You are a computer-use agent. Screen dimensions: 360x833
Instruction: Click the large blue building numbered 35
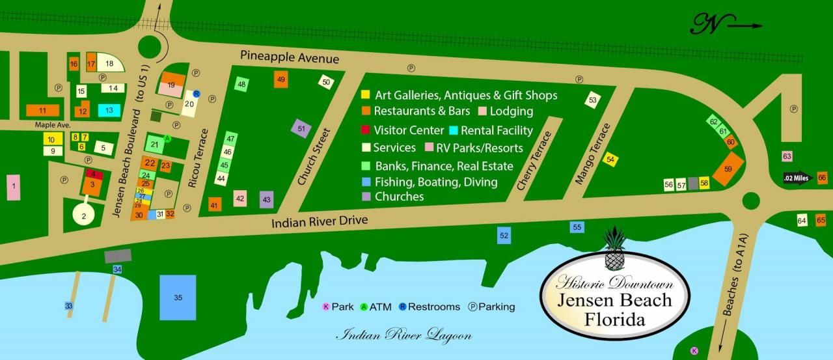pyautogui.click(x=178, y=297)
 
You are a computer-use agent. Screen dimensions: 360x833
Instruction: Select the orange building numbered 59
pyautogui.click(x=728, y=169)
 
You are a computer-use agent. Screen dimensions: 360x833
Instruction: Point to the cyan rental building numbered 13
pyautogui.click(x=109, y=110)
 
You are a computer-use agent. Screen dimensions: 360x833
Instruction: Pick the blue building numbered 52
pyautogui.click(x=504, y=235)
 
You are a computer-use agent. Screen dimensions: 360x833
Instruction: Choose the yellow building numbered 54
pyautogui.click(x=610, y=159)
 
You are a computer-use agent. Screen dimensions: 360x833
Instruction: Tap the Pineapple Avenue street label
pyautogui.click(x=290, y=57)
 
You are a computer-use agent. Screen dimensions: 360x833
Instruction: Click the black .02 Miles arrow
pyautogui.click(x=799, y=178)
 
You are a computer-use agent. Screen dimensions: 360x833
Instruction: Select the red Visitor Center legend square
pyautogui.click(x=366, y=130)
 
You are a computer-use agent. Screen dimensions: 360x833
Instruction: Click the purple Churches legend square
pyautogui.click(x=366, y=196)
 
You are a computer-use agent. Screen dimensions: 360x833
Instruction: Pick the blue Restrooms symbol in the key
pyautogui.click(x=403, y=307)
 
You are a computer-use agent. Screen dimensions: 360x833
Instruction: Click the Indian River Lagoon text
pyautogui.click(x=403, y=335)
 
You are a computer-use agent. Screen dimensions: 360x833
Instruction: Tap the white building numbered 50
pyautogui.click(x=326, y=82)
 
